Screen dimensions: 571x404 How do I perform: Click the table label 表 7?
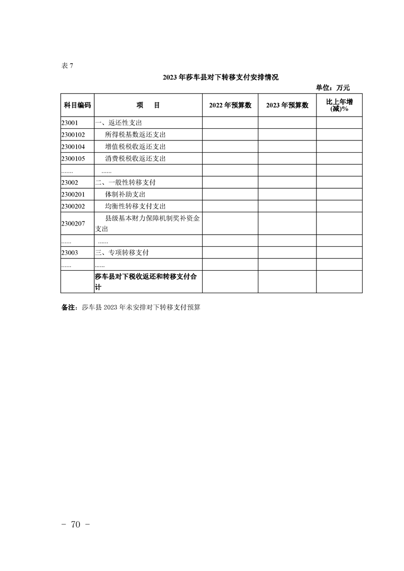67,65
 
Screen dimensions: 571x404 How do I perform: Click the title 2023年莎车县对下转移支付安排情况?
221,78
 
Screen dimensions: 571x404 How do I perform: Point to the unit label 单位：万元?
333,88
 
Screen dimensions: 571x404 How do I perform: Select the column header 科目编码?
77,105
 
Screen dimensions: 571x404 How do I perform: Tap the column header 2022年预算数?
230,105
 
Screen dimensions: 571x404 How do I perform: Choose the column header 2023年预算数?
287,105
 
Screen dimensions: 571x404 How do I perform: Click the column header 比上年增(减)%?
339,105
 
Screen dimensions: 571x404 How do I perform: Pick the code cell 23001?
69,123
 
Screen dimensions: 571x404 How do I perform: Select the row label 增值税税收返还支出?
135,147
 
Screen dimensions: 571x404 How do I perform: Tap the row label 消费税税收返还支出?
135,158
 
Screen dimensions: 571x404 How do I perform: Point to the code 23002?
69,182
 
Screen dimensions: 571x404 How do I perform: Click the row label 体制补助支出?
125,194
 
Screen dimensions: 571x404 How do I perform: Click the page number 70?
76,526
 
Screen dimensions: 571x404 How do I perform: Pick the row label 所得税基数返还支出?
135,135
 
